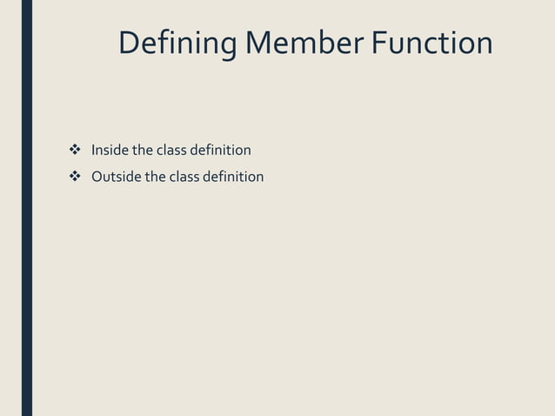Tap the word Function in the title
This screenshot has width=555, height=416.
point(431,43)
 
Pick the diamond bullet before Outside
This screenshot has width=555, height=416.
point(74,177)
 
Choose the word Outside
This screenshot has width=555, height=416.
point(117,177)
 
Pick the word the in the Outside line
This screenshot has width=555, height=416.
point(155,177)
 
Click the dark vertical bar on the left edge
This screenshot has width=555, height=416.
point(27,208)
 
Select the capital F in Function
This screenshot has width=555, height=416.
point(379,43)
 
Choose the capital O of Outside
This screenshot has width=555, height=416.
point(98,177)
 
